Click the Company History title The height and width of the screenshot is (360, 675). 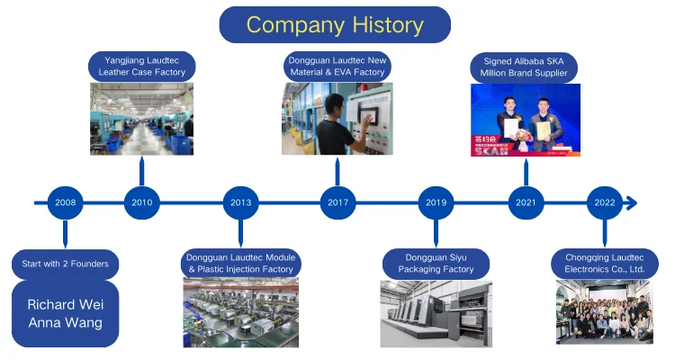point(335,24)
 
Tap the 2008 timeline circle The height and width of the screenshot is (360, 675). point(65,202)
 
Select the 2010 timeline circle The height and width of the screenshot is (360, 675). point(141,202)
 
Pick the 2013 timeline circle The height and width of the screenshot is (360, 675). point(240,202)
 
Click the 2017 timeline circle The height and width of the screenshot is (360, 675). point(337,202)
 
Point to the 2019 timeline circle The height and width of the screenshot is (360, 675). point(436,202)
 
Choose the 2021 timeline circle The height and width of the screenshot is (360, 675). point(526,202)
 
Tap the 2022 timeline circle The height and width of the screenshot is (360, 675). point(605,202)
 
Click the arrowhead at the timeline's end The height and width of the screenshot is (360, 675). point(631,202)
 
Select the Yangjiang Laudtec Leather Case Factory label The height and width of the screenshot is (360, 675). point(143,67)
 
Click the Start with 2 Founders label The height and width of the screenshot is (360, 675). point(66,264)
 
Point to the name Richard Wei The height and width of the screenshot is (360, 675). point(65,304)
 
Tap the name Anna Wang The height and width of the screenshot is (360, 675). point(65,322)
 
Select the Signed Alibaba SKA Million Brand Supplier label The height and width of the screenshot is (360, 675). point(525,67)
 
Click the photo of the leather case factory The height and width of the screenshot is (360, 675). point(141,119)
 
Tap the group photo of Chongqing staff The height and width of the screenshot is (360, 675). point(603,312)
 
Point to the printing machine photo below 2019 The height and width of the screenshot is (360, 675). point(436,313)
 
